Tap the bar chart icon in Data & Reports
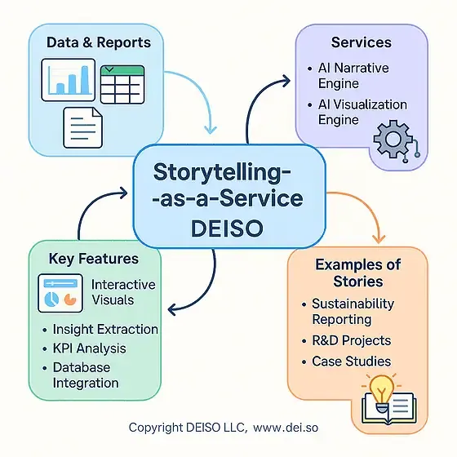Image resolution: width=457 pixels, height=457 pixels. click(71, 78)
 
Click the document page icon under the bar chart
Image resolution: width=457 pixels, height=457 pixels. click(84, 126)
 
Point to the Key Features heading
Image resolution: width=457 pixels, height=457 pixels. click(93, 259)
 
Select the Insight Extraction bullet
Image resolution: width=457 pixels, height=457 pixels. click(104, 330)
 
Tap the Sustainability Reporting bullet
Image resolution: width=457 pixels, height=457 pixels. click(353, 312)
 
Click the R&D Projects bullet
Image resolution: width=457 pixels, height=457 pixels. click(351, 340)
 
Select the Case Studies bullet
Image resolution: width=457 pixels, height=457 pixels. click(351, 362)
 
